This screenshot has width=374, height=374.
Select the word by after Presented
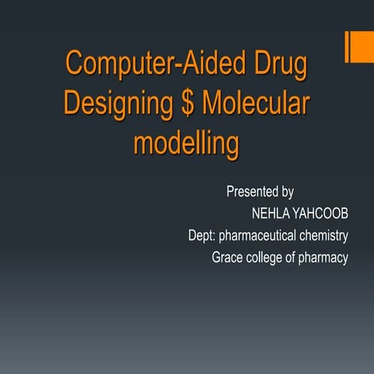click(286, 191)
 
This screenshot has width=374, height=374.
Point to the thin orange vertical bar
click(348, 48)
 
